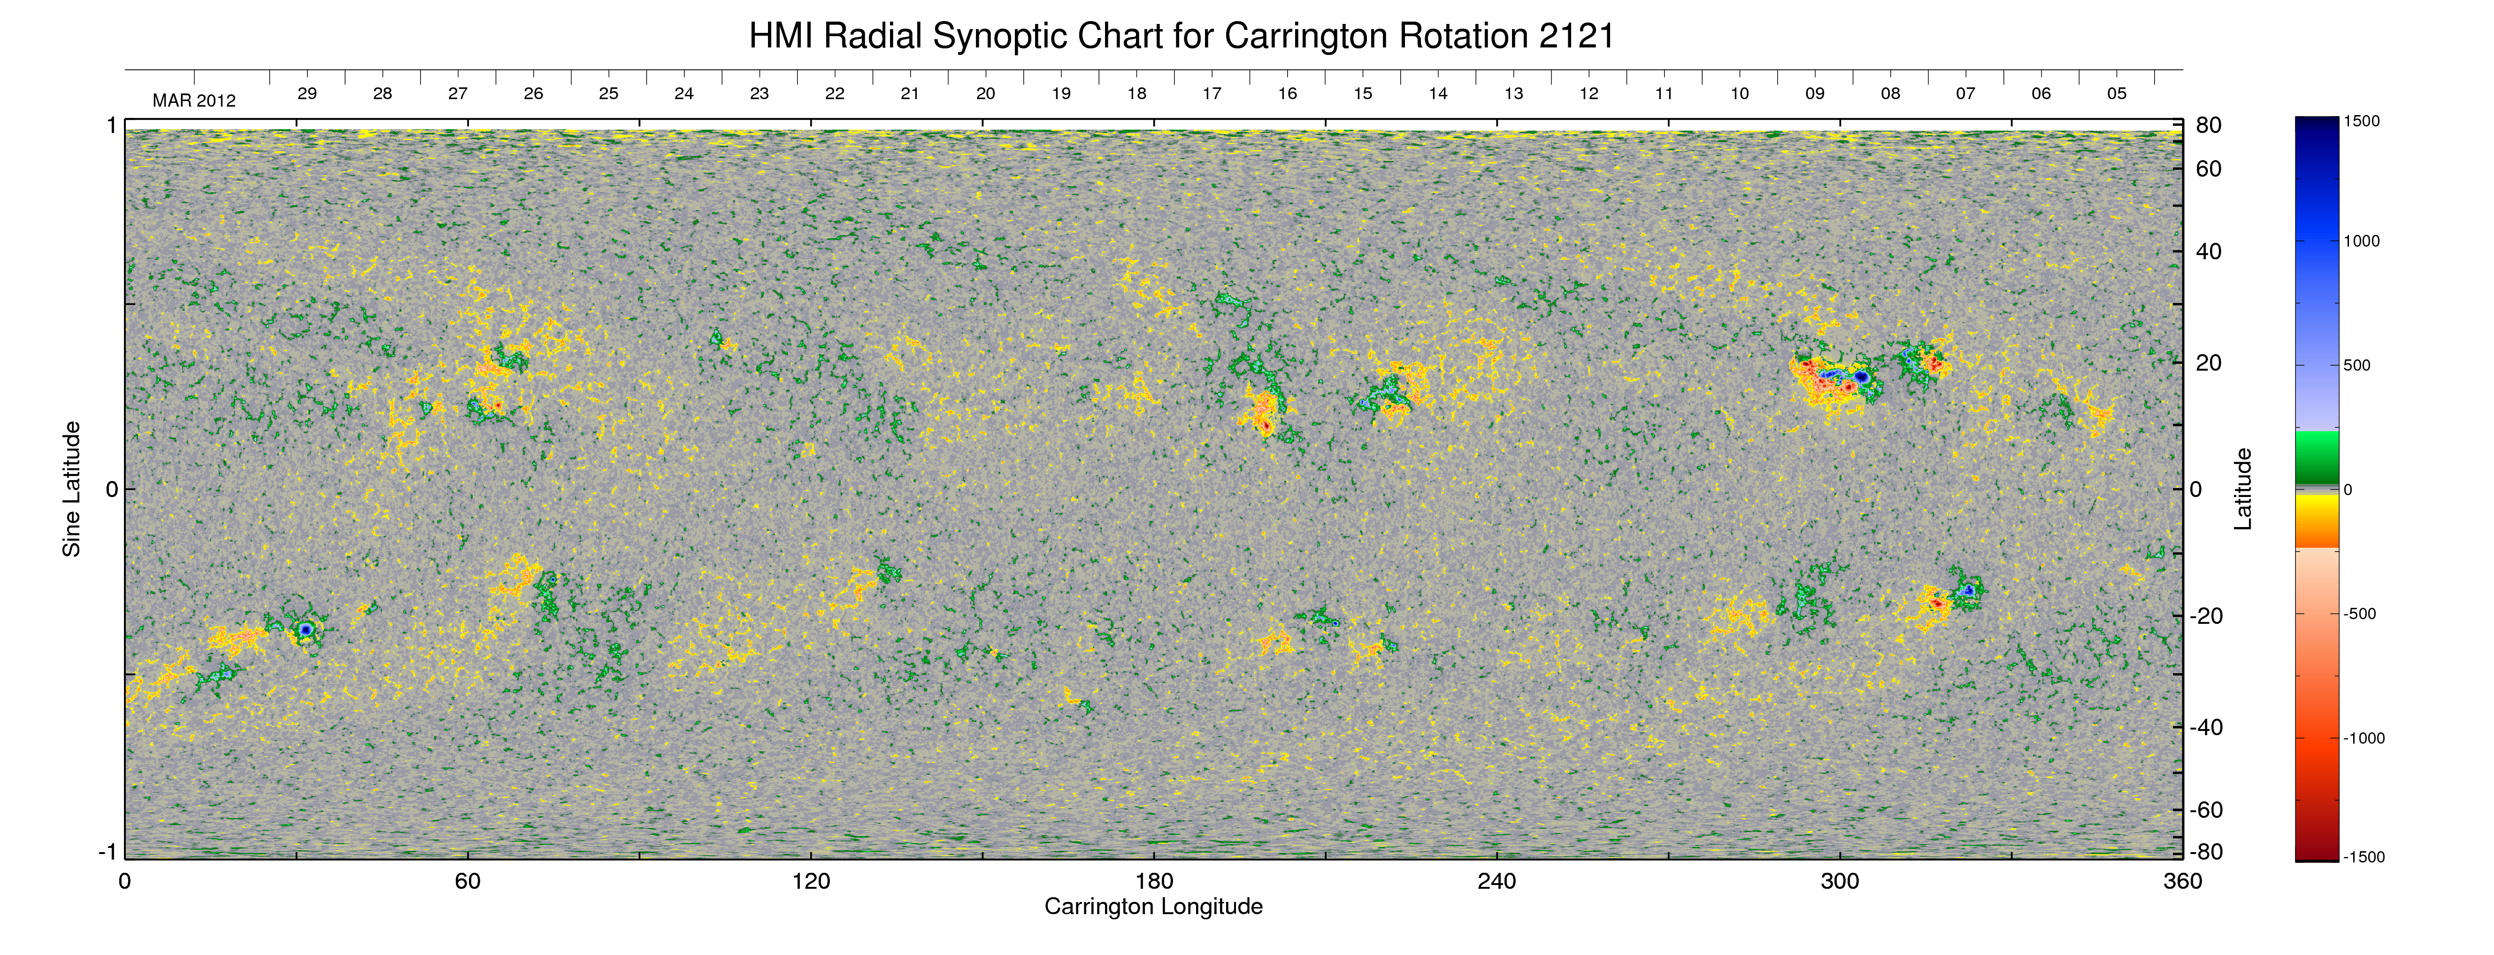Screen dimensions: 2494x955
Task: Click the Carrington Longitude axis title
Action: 1154,907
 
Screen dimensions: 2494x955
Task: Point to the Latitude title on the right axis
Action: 2242,489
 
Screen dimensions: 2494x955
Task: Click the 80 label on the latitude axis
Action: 2209,125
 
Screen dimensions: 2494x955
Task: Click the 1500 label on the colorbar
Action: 2361,121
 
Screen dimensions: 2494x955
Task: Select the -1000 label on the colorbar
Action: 2364,738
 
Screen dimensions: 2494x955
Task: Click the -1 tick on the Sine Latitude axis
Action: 107,851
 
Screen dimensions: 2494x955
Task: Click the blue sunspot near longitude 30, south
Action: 306,629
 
